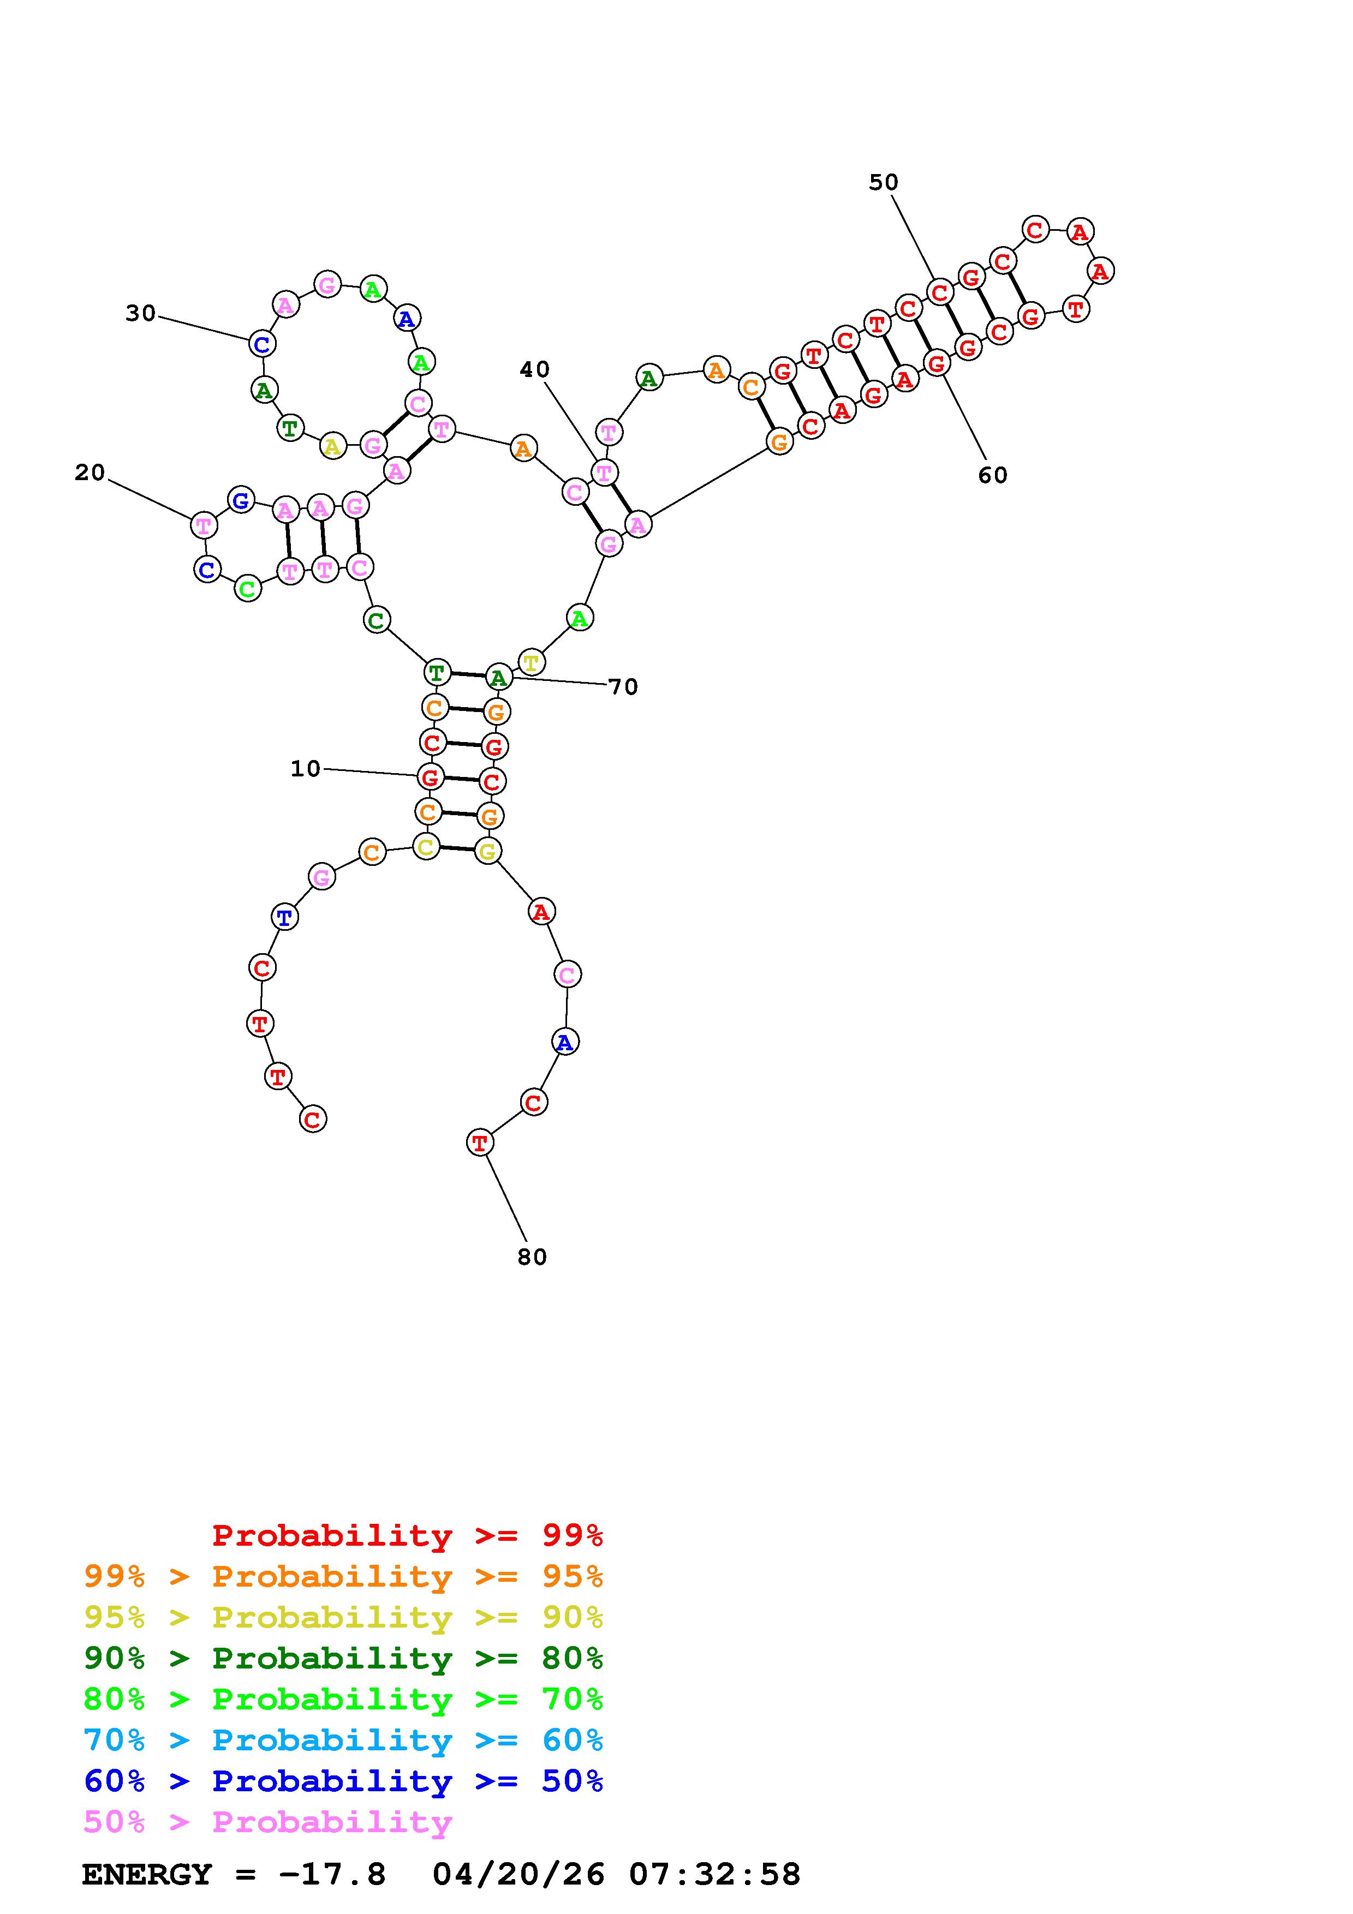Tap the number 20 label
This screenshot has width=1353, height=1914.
click(90, 472)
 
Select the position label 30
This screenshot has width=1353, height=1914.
click(141, 313)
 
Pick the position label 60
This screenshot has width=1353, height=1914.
click(993, 475)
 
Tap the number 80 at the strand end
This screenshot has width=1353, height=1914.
click(532, 1257)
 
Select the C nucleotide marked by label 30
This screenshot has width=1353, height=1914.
click(263, 343)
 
